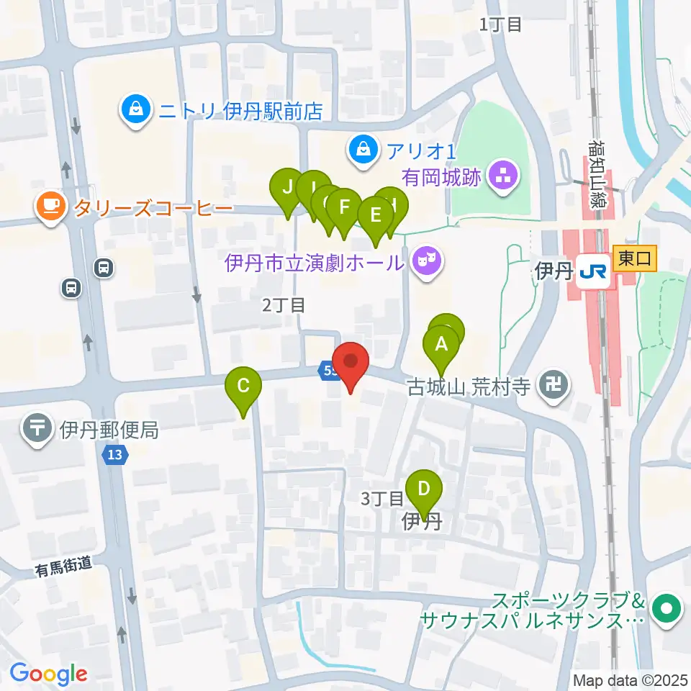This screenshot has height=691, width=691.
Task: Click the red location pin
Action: [x=351, y=363]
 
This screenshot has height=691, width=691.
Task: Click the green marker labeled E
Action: [x=374, y=216]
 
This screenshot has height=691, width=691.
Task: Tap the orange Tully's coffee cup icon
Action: [x=50, y=207]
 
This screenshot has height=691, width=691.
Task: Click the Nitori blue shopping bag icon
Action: [x=135, y=111]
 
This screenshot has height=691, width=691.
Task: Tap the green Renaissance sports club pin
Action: [x=667, y=610]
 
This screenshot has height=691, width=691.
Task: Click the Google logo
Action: [x=49, y=674]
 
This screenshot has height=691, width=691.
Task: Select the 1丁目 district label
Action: [x=501, y=24]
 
